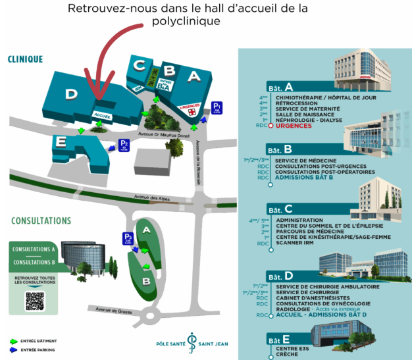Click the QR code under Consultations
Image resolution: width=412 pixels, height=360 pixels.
click(x=34, y=300)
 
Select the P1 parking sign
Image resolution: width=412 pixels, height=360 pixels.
click(x=217, y=108)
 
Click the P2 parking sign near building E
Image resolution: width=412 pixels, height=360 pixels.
click(x=123, y=144)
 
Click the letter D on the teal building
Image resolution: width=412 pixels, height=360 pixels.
click(x=70, y=94)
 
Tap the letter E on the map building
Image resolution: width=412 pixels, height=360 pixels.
click(x=62, y=141)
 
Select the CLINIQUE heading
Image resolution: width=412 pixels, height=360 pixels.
click(x=25, y=59)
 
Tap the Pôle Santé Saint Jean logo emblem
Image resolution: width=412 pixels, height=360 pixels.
click(x=193, y=344)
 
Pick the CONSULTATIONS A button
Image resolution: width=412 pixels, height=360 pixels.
click(x=34, y=249)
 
